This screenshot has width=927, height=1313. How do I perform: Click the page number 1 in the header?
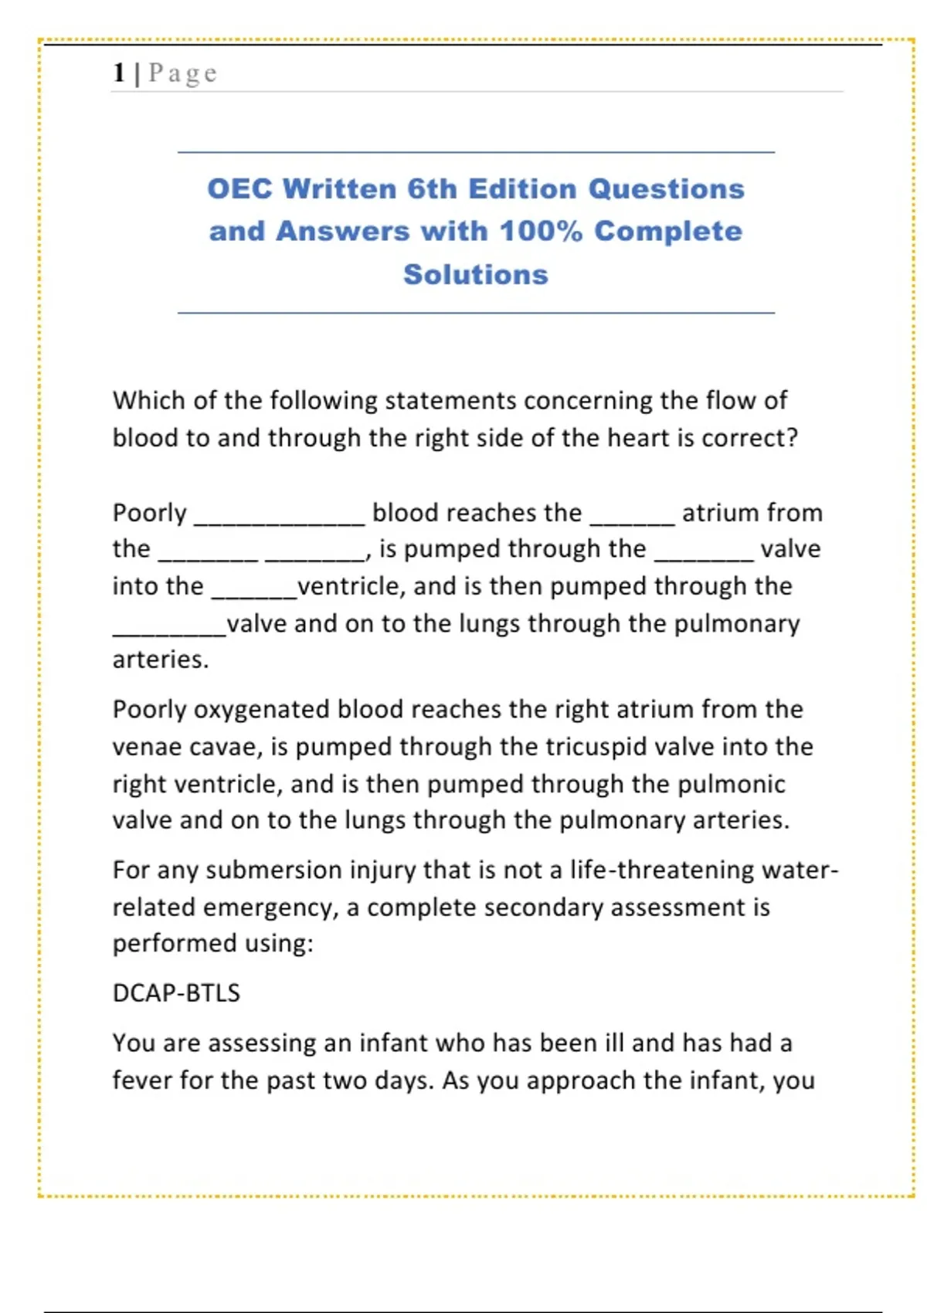pyautogui.click(x=119, y=73)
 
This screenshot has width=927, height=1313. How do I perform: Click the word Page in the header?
pyautogui.click(x=183, y=73)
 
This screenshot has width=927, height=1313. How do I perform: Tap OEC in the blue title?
pyautogui.click(x=239, y=189)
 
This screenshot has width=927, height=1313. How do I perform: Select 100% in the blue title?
pyautogui.click(x=541, y=231)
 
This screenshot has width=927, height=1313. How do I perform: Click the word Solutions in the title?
pyautogui.click(x=476, y=274)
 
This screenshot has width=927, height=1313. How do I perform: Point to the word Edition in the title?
pyautogui.click(x=522, y=189)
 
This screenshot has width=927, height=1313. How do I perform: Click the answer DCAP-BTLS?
pyautogui.click(x=176, y=992)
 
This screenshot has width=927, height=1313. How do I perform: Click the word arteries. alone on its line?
pyautogui.click(x=161, y=660)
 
